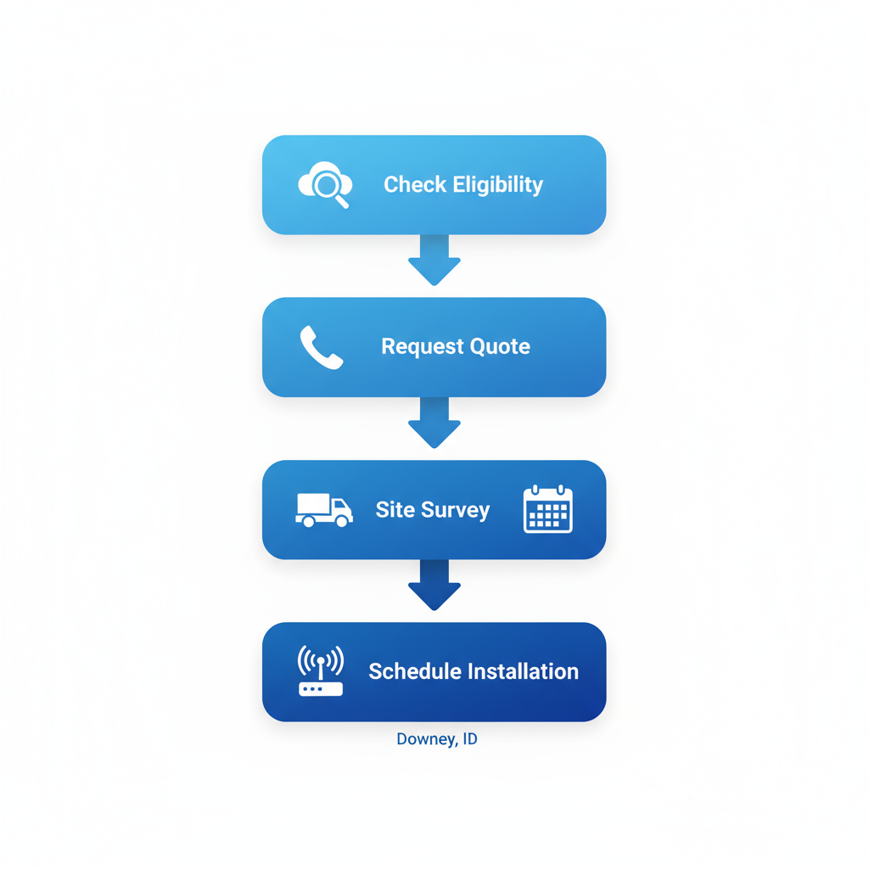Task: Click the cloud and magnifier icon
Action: point(325,183)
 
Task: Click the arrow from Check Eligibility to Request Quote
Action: point(434,260)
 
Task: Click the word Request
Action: point(419,347)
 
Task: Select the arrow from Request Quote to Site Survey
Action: point(434,422)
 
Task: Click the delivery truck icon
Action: point(323,510)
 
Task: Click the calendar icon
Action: point(548,509)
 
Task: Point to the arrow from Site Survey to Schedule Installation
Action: point(434,585)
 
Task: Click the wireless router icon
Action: point(321,671)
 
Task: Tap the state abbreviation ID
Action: point(469,739)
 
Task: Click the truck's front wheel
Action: point(341,522)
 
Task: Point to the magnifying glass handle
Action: point(343,202)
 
